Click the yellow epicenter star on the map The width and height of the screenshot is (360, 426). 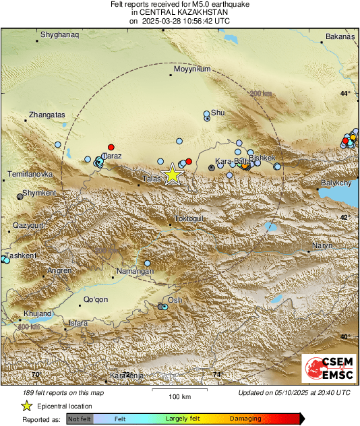pyautogui.click(x=173, y=174)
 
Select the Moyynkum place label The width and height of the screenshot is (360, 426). pyautogui.click(x=192, y=69)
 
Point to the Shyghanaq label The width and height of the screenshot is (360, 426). pyautogui.click(x=60, y=34)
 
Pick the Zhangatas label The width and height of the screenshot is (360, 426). pyautogui.click(x=47, y=115)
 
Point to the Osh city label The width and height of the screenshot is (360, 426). pyautogui.click(x=175, y=300)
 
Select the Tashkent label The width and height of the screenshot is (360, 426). pyautogui.click(x=19, y=256)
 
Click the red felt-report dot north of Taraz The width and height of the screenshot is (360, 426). pyautogui.click(x=111, y=147)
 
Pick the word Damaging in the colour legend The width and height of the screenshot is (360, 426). pyautogui.click(x=245, y=419)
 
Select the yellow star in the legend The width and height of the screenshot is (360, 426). pyautogui.click(x=26, y=406)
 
